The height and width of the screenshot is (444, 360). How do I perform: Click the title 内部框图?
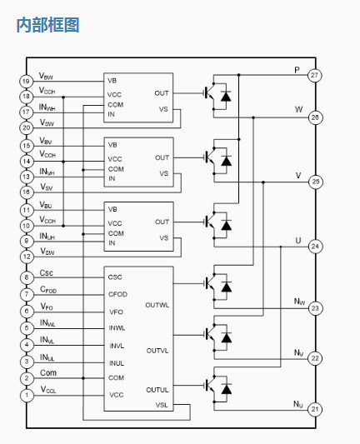click(47, 25)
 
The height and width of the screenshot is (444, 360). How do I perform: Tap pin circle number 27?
click(315, 75)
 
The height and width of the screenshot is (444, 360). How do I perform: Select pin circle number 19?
click(27, 82)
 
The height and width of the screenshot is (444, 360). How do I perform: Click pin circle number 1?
click(27, 395)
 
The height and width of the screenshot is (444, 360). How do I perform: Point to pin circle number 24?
click(315, 247)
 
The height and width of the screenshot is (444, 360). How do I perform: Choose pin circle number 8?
click(27, 277)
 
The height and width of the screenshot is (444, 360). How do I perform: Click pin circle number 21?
click(315, 409)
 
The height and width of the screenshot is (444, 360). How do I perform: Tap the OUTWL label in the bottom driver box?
click(157, 305)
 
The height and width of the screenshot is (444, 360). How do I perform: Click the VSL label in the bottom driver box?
click(162, 405)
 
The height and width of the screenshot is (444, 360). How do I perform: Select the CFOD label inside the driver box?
click(117, 295)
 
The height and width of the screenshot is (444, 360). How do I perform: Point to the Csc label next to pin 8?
click(47, 272)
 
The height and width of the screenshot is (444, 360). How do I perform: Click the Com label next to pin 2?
click(48, 372)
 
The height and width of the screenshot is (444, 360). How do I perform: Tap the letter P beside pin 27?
click(297, 70)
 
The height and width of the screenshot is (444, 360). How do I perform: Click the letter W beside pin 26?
click(298, 110)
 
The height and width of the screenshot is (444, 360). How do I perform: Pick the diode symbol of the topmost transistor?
click(226, 96)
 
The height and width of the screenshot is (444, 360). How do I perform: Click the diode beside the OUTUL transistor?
click(227, 388)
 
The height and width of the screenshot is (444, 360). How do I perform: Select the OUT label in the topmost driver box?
click(162, 93)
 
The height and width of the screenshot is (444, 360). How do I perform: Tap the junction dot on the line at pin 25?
click(263, 182)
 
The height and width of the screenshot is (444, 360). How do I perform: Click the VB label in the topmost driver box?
click(112, 81)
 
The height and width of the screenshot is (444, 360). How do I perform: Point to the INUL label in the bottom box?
click(117, 363)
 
